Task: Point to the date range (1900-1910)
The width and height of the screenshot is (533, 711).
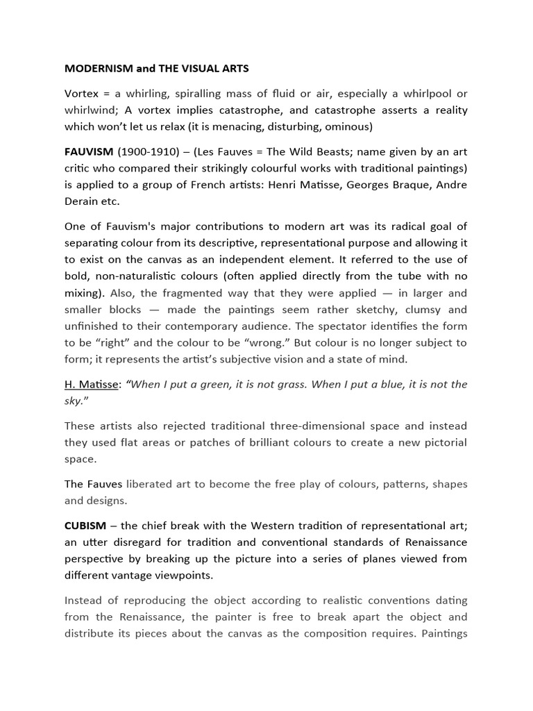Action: (x=143, y=151)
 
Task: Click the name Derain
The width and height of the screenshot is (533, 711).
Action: (x=83, y=201)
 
